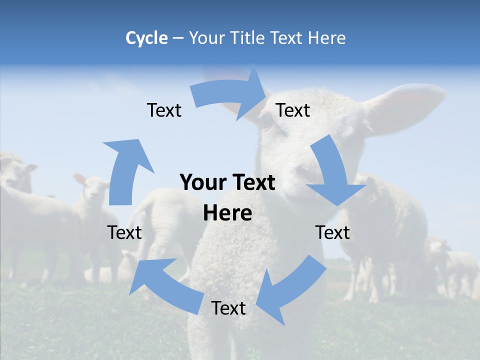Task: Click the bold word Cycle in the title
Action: point(146,38)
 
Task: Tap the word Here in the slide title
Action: point(326,38)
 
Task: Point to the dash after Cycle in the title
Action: point(177,38)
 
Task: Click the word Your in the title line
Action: point(206,38)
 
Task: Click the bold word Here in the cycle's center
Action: point(227,213)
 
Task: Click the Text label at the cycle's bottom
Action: point(228,308)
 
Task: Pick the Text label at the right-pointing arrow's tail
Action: point(164,110)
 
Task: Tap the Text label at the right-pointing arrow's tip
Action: point(293,110)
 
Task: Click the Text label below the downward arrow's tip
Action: point(332,232)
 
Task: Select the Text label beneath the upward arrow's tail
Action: point(124,232)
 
